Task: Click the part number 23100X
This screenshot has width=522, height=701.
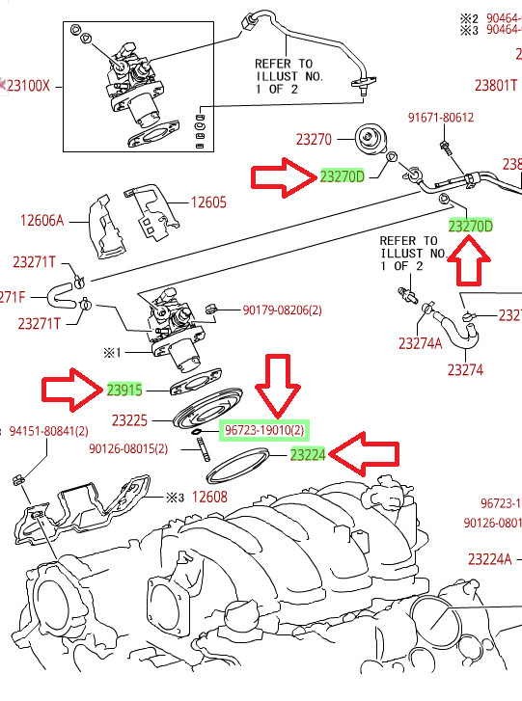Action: click(x=30, y=86)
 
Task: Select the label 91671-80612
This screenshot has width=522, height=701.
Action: click(x=441, y=118)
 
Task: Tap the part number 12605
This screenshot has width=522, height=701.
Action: click(x=207, y=202)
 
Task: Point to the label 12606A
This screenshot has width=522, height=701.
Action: click(x=41, y=220)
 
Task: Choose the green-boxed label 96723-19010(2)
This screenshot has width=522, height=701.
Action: click(x=266, y=430)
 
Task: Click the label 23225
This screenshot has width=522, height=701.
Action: click(x=129, y=420)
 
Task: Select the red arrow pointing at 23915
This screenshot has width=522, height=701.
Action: click(x=71, y=390)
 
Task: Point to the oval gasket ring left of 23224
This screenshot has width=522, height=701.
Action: click(x=237, y=471)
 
